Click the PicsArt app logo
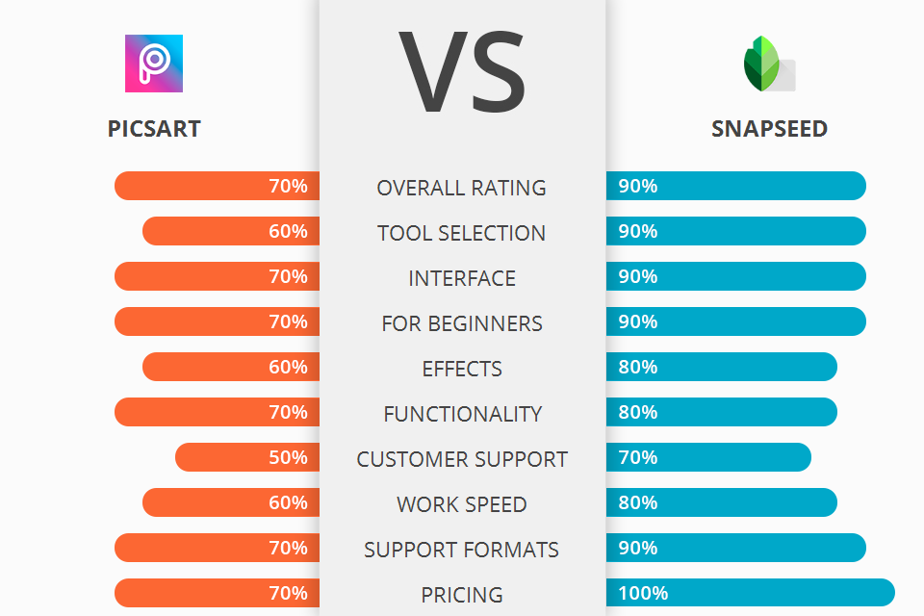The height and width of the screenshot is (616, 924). pyautogui.click(x=154, y=64)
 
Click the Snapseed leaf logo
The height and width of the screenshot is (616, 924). pyautogui.click(x=768, y=64)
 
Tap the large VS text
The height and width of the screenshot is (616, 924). pyautogui.click(x=462, y=72)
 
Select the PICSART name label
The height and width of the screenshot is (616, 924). pyautogui.click(x=154, y=129)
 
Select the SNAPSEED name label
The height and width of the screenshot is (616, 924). pyautogui.click(x=769, y=129)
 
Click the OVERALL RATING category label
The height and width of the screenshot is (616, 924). pyautogui.click(x=462, y=188)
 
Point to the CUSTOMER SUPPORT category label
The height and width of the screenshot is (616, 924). pyautogui.click(x=462, y=459)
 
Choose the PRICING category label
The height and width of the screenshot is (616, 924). pyautogui.click(x=462, y=595)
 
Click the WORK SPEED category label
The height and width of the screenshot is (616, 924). pyautogui.click(x=462, y=504)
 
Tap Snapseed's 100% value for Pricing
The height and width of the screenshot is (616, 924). pyautogui.click(x=643, y=593)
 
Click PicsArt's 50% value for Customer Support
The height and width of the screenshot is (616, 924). pyautogui.click(x=288, y=457)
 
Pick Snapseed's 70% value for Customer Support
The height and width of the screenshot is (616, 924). pyautogui.click(x=638, y=457)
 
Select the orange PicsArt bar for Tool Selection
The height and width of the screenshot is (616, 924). pyautogui.click(x=231, y=231)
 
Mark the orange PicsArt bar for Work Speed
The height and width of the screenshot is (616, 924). pyautogui.click(x=231, y=502)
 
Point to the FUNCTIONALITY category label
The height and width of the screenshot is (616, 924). pyautogui.click(x=462, y=414)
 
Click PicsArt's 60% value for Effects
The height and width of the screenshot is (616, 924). pyautogui.click(x=288, y=367)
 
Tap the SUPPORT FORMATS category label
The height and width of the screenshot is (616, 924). pyautogui.click(x=462, y=550)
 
